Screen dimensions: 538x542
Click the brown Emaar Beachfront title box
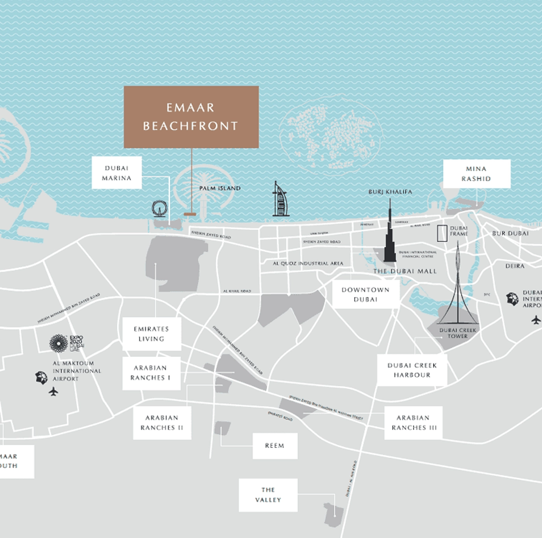click(191, 117)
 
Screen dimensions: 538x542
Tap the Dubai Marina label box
click(116, 173)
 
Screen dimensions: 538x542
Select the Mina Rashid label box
click(476, 174)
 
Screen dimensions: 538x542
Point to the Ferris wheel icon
click(159, 208)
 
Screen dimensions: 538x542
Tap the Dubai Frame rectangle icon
click(442, 233)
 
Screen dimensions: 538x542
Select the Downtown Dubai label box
click(365, 295)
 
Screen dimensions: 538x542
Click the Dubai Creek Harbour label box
click(412, 370)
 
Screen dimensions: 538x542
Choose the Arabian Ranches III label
click(413, 423)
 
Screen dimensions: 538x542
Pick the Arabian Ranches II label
click(162, 423)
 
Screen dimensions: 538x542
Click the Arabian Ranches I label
click(151, 373)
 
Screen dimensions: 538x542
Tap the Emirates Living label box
click(151, 334)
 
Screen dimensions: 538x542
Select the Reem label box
click(275, 446)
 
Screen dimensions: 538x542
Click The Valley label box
click(268, 495)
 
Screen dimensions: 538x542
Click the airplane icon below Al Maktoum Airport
click(54, 391)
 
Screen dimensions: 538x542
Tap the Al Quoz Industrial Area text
click(308, 263)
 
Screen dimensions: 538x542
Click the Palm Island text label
click(220, 188)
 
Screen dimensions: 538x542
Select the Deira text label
click(515, 266)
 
